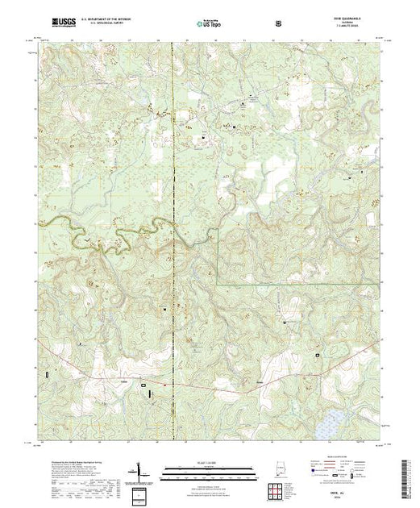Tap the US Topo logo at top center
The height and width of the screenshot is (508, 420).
[x=210, y=26]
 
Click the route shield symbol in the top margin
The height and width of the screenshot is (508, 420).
[x=278, y=24]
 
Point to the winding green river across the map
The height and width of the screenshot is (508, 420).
[x=121, y=235]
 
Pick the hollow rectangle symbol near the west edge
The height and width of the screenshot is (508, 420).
[x=48, y=374]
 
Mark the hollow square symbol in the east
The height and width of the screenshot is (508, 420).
[x=318, y=355]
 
